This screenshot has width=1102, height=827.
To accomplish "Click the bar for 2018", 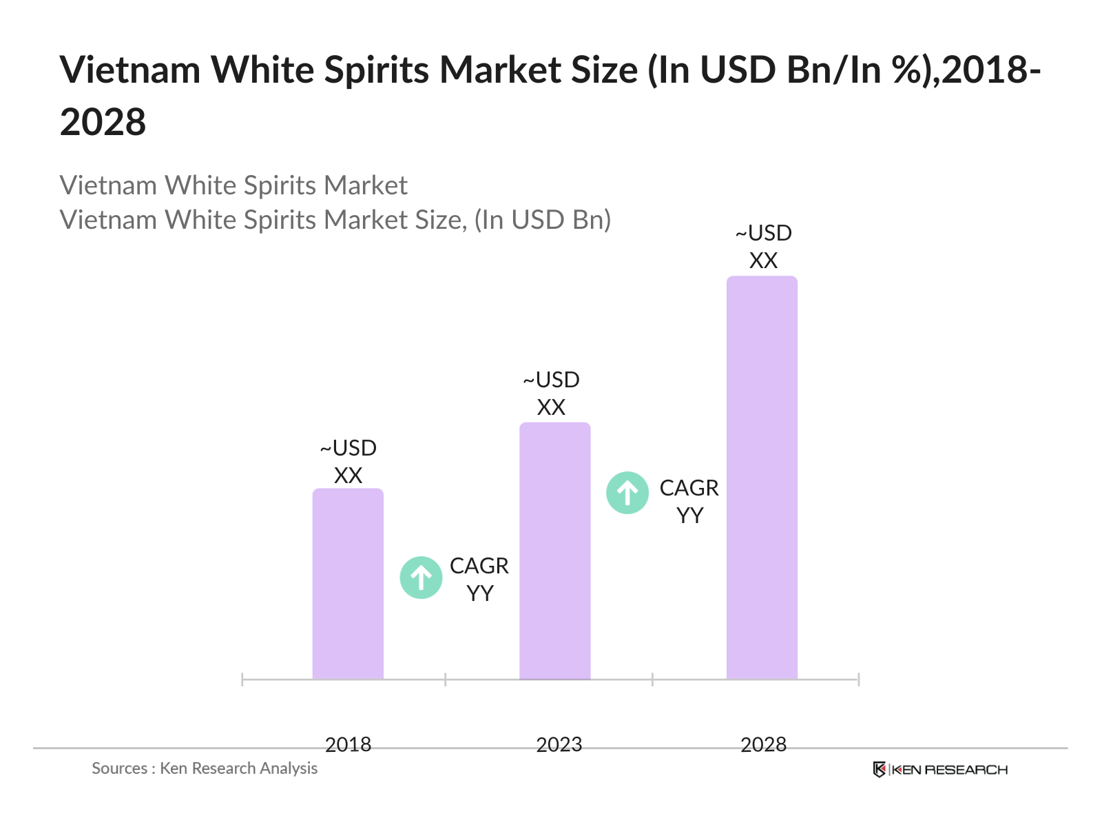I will [x=348, y=584].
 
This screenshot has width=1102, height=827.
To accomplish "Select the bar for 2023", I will [x=554, y=551].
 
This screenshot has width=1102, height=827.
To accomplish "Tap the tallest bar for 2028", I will [x=762, y=478].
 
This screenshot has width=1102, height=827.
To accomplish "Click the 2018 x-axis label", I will [x=348, y=744].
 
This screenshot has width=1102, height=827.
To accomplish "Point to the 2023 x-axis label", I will [x=559, y=744].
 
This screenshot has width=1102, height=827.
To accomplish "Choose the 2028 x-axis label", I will [x=763, y=744].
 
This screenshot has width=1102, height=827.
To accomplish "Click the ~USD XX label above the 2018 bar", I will [x=348, y=462].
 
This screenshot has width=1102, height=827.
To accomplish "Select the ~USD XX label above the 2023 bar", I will [x=551, y=394].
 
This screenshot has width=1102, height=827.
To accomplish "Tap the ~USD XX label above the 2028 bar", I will [x=763, y=247].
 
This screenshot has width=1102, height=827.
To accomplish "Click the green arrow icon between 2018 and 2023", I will [x=421, y=578].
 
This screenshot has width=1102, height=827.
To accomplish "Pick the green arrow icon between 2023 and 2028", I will [x=627, y=493].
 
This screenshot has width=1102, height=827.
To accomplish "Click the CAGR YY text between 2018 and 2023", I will [x=479, y=579].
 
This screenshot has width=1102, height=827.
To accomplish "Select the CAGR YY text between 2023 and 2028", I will [x=689, y=501].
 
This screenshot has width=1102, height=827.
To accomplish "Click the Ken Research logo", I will [x=940, y=770].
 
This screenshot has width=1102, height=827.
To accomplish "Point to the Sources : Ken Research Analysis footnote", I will [x=205, y=768].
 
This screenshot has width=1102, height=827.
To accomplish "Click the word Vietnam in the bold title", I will [x=130, y=70].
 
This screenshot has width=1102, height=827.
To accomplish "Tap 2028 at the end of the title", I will [x=103, y=123].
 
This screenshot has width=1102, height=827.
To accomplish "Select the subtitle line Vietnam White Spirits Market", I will [x=233, y=185].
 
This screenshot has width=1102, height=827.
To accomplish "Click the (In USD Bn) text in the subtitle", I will [x=543, y=220].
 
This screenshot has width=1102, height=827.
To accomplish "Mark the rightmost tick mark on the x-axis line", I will [x=858, y=680].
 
